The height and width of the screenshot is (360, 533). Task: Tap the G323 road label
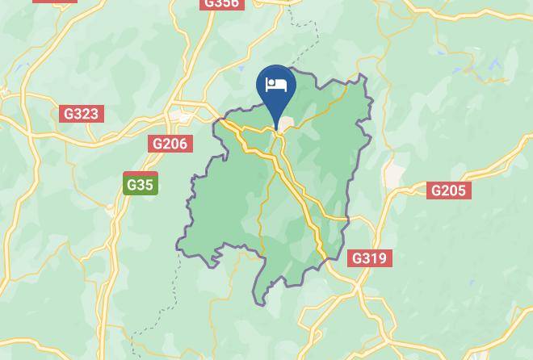coord(81,114)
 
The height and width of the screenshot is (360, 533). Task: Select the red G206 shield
coord(170,144)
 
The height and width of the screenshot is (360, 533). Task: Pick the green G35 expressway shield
coord(140,185)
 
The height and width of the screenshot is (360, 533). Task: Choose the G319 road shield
coord(369,258)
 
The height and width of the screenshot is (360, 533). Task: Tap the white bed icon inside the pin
coord(276,84)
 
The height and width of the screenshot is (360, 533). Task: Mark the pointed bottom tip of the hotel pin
coord(276,128)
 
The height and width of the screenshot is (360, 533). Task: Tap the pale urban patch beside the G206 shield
coord(183,117)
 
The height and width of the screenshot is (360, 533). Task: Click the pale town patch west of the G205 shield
coord(393,173)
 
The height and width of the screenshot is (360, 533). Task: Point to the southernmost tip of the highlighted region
coord(260,304)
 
